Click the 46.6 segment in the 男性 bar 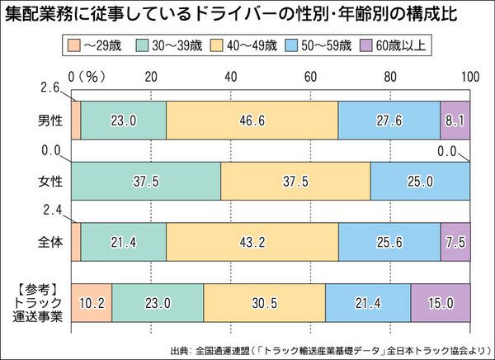pos(252,120)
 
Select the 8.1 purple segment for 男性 pos(455,120)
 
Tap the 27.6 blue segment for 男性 pos(389,120)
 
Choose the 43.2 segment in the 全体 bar pos(252,242)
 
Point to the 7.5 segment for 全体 pos(455,242)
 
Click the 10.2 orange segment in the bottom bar pos(92,303)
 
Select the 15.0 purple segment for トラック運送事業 pos(440,303)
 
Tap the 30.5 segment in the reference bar pos(264,303)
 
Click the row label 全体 pos(45,242)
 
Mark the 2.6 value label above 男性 pos(50,88)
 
